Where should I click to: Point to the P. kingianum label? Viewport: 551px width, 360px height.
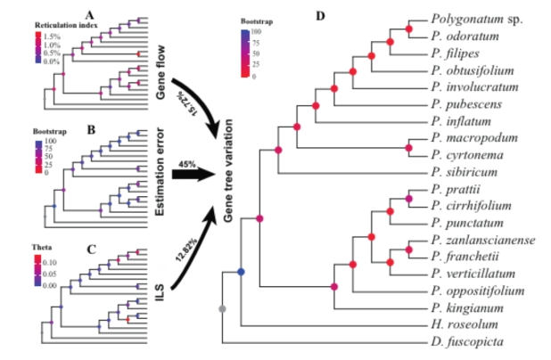463,307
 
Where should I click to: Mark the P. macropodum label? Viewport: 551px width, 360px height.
466,137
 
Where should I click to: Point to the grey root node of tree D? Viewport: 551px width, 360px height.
222,307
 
